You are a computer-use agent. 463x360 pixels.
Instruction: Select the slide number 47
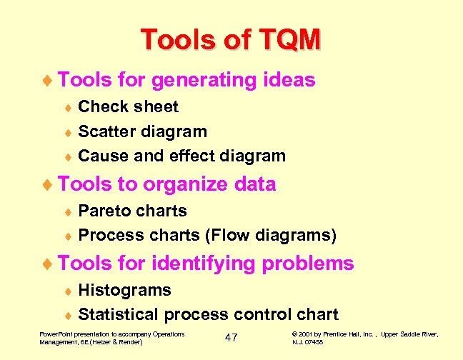click(231, 337)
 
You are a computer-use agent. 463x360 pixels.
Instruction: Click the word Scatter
click(107, 131)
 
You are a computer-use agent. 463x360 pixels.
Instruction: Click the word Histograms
click(124, 290)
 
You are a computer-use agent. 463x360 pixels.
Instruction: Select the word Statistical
click(119, 314)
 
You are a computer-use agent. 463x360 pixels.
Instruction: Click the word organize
click(185, 184)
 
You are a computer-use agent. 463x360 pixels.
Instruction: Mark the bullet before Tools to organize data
click(48, 185)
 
